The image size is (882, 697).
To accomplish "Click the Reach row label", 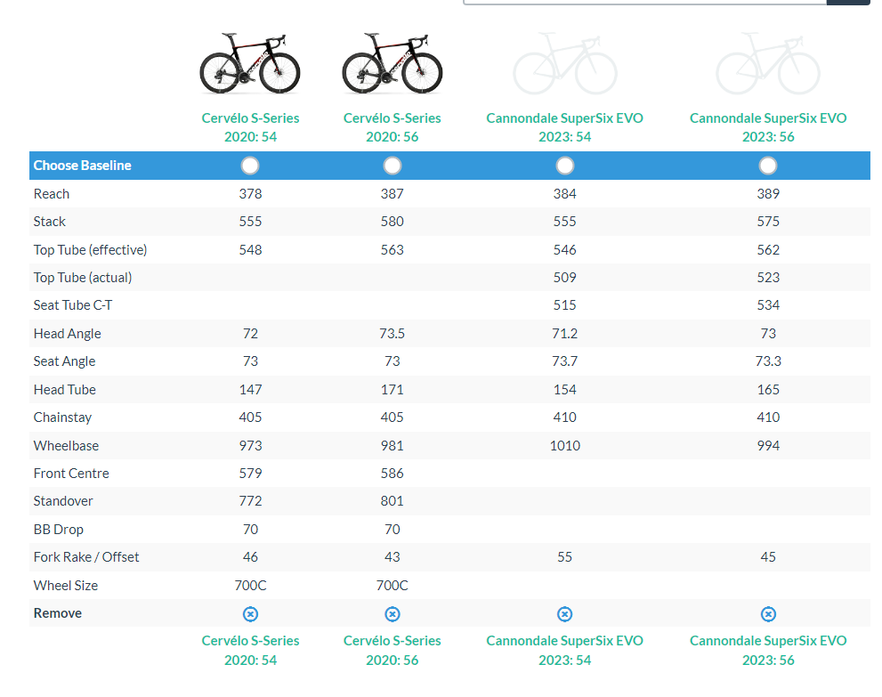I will click(52, 194).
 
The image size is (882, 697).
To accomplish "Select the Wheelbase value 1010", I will click(564, 445).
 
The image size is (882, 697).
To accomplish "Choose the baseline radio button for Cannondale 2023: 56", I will click(768, 166).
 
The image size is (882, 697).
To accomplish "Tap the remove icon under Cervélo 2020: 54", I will click(250, 614).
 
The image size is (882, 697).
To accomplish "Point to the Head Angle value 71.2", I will click(564, 334).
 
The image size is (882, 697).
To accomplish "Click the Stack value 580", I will click(392, 222).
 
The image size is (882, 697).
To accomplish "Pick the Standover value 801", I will click(392, 501).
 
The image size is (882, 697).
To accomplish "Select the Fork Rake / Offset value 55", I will click(564, 557).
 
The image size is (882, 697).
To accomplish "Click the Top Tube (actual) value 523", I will click(768, 278).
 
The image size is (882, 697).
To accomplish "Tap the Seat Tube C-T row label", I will click(73, 305).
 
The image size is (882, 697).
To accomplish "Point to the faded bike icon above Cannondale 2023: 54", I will click(564, 64).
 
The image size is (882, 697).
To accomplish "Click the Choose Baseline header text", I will click(82, 166).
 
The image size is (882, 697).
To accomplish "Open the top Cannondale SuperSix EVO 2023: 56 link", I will click(768, 127).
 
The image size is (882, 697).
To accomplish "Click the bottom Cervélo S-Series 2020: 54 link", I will click(250, 650).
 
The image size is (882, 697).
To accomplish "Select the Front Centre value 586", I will click(392, 474).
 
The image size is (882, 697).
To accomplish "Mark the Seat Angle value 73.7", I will click(564, 361).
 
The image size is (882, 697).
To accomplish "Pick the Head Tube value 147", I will click(250, 390).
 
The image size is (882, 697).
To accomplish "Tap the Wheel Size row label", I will click(66, 586).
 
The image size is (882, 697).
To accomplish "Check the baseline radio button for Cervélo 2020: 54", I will click(250, 166).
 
